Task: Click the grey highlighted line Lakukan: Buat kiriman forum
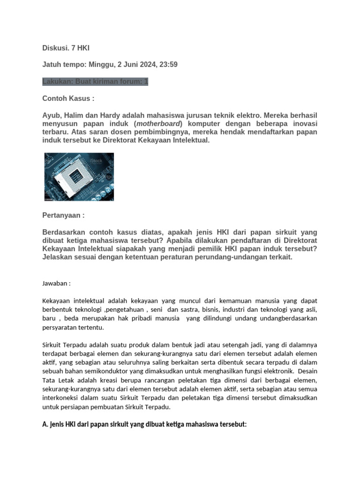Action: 95,82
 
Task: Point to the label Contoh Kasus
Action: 68,99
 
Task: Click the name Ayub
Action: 51,115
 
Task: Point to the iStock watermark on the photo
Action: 96,161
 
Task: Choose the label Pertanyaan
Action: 63,216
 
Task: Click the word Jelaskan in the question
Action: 58,257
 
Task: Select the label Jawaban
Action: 56,284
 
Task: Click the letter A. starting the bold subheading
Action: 45,424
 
